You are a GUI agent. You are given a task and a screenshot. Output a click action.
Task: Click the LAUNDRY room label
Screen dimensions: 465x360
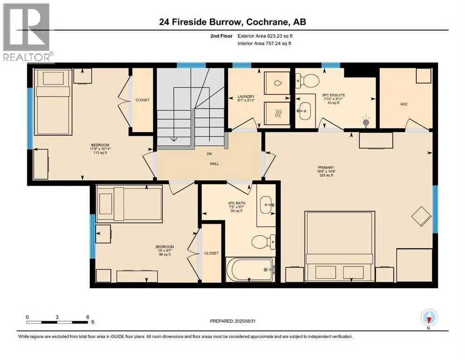(246, 97)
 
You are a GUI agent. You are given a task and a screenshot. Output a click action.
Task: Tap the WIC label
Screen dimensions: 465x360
(404, 104)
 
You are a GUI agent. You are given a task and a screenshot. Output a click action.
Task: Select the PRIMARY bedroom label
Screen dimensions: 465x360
(326, 167)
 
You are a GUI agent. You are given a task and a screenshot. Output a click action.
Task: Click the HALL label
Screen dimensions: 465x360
(214, 164)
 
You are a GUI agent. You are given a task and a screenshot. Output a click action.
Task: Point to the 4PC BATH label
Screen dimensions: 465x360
(236, 203)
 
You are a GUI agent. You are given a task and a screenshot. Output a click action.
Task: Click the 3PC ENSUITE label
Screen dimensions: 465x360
(333, 95)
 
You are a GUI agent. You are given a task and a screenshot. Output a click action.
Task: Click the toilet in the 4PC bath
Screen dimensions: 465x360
(263, 241)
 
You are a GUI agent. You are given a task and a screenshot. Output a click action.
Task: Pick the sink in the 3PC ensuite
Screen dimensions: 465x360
(303, 111)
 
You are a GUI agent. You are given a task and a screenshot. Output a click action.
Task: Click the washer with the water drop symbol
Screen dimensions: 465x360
(277, 83)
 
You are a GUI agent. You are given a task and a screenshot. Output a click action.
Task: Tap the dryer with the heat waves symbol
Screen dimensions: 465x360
(277, 113)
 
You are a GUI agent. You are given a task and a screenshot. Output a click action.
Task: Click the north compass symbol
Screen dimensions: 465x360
(429, 317)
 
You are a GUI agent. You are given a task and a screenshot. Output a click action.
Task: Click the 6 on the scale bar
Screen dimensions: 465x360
(88, 317)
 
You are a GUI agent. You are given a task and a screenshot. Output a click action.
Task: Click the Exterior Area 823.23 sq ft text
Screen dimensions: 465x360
(265, 36)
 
